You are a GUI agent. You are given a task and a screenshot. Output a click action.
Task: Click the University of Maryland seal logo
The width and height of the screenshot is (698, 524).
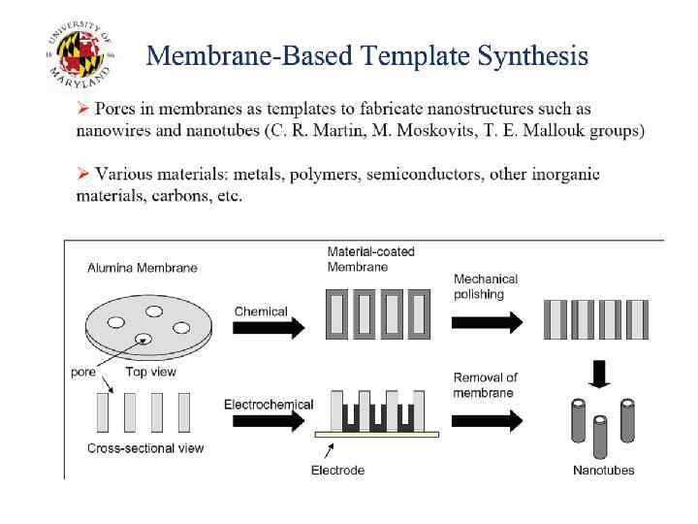tap(80, 55)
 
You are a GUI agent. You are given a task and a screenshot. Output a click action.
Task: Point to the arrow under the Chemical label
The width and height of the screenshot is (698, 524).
tap(270, 328)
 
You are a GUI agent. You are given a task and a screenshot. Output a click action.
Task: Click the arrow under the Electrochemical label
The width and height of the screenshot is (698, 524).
tap(270, 420)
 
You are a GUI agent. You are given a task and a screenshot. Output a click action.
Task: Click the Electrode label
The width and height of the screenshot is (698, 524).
tap(337, 471)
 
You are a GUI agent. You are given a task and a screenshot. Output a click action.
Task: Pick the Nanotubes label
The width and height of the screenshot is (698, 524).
tap(603, 471)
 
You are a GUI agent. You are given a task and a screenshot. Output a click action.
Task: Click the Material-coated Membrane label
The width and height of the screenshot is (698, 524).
tap(370, 259)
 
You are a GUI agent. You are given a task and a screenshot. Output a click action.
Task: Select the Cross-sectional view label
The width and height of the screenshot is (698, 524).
tap(145, 448)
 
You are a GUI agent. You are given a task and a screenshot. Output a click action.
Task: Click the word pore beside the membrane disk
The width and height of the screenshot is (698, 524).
tap(82, 372)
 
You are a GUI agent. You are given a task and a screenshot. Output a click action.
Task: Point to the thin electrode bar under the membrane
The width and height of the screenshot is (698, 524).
tap(377, 434)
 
